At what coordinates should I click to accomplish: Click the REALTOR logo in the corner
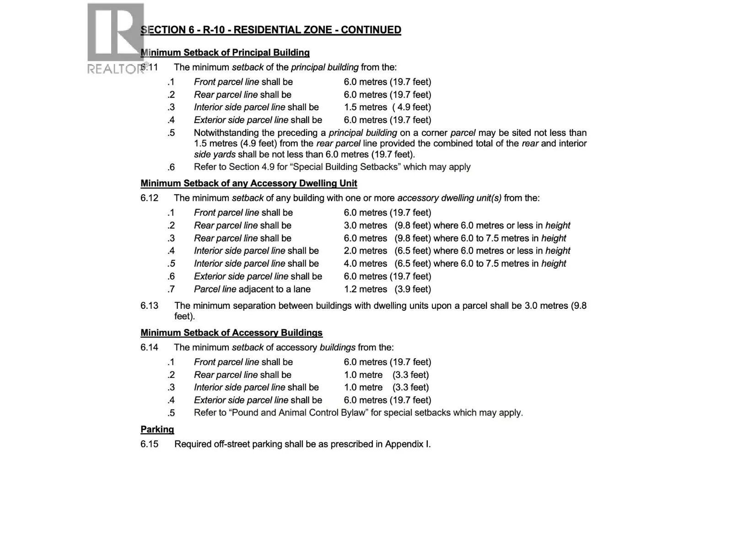pos(116,38)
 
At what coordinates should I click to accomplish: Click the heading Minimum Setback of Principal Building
pos(225,53)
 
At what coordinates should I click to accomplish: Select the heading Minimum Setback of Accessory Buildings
pos(231,333)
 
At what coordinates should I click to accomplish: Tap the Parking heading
pos(157,429)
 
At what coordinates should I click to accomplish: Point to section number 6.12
pos(149,198)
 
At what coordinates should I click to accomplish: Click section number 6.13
pos(149,306)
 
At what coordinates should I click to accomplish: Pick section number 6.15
pos(149,444)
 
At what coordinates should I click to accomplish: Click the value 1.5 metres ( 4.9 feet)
pos(387,107)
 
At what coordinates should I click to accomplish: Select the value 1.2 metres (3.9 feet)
pos(387,289)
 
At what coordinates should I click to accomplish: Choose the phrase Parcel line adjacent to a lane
pos(252,289)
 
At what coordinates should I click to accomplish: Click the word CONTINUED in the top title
pos(371,30)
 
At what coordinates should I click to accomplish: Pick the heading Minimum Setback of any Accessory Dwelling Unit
pos(248,183)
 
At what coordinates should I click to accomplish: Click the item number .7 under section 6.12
pos(171,289)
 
